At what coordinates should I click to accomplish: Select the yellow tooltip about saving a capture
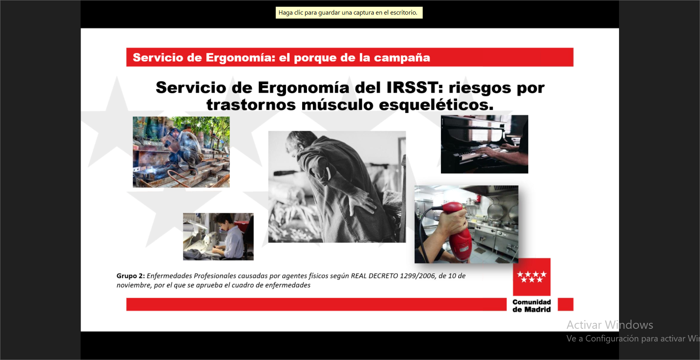point(349,13)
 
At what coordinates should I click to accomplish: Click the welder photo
point(181,152)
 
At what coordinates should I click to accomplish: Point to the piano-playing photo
point(484,144)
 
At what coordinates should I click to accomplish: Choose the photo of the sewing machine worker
point(218,237)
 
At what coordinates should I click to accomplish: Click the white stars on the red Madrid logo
point(532,277)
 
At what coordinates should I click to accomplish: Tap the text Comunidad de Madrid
point(532,306)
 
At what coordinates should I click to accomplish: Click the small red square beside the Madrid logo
point(565,305)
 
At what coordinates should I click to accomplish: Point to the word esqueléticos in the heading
point(436,105)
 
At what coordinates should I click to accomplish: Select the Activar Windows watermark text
point(610,325)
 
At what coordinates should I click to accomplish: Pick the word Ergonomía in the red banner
point(240,58)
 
